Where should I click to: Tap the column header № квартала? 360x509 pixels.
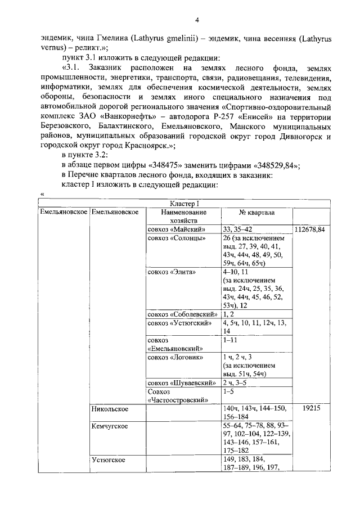tap(256, 213)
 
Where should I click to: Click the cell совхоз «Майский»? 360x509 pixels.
tap(176, 229)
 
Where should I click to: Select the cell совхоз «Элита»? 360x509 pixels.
tap(172, 272)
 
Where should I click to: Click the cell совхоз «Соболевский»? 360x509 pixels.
tap(182, 314)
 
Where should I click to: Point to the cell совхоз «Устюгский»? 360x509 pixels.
tap(179, 323)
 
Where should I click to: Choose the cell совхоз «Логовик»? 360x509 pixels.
tap(175, 357)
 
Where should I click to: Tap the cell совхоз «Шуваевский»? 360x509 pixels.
tap(182, 382)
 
